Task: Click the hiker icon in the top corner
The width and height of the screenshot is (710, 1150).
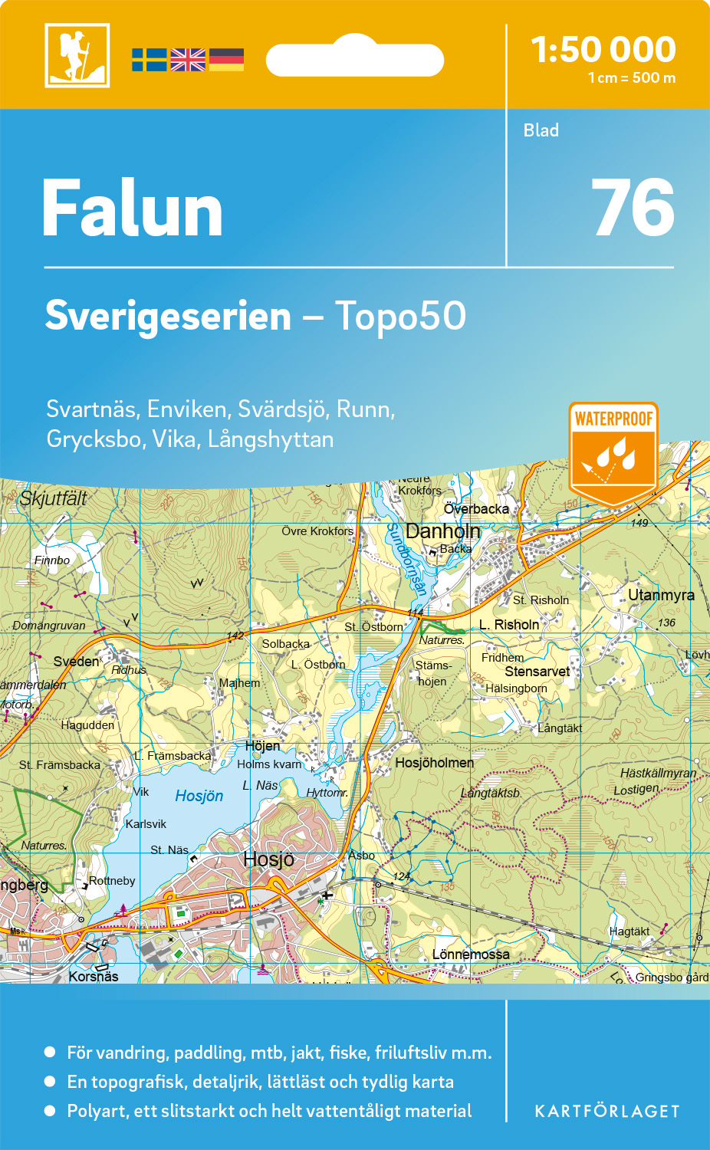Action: coord(77,55)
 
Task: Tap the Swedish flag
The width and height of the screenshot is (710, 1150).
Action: coord(149,60)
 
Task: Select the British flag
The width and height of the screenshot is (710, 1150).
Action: coord(188,60)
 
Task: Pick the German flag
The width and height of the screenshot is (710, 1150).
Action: coord(226,60)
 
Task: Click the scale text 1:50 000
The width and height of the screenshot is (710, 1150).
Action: coord(603,50)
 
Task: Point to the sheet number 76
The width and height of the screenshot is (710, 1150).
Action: coord(633,208)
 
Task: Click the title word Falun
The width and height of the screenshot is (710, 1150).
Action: coord(133,209)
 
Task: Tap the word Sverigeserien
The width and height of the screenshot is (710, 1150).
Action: coord(168,316)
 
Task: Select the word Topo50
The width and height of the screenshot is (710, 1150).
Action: coord(400,316)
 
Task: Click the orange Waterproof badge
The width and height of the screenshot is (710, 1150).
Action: coord(613,452)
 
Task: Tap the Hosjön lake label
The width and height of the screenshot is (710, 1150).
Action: coord(199,796)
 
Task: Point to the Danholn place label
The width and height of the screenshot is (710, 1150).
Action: coord(442,531)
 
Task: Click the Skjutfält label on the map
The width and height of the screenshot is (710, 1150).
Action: coord(53,498)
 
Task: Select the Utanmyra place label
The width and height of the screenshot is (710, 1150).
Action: coord(661,595)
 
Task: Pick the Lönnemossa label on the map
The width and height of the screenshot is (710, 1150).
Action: coord(471,955)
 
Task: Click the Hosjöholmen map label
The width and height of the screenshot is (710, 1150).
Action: coord(434,763)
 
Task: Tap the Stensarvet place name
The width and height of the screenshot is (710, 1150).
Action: coord(537,672)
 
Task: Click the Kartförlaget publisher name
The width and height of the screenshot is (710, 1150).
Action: coord(606,1112)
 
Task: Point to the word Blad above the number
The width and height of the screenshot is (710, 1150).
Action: coord(541,130)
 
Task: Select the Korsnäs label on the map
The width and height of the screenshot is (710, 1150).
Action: coord(94,976)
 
